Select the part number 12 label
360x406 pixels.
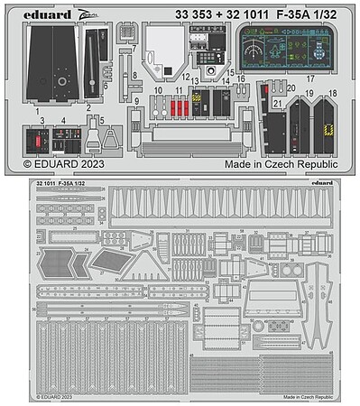185,78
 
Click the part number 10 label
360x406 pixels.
157,90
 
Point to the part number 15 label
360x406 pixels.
231,72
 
